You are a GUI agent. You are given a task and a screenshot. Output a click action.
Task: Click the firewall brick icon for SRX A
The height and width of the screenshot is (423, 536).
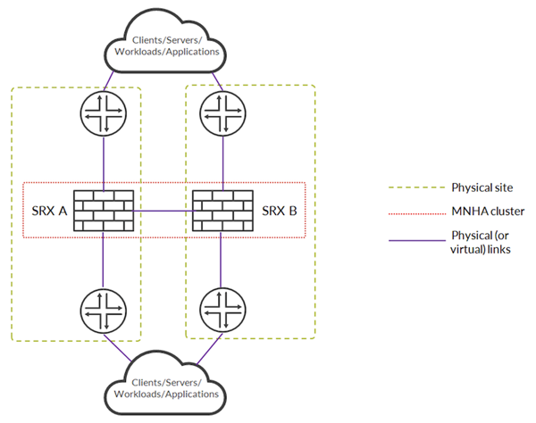(104, 211)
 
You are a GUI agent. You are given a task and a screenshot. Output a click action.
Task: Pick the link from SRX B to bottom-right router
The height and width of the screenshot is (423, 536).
(220, 259)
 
